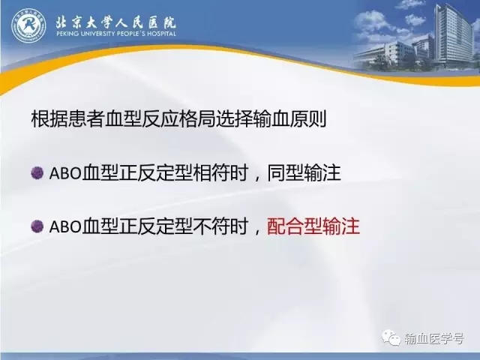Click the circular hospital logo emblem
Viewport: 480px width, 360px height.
[28, 25]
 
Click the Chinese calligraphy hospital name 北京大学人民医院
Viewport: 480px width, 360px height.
[116, 22]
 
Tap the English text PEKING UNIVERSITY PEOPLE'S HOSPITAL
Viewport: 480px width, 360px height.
[116, 33]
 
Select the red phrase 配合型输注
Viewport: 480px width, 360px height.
[313, 226]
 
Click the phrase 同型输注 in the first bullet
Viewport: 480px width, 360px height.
[304, 173]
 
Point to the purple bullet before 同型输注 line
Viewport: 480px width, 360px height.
[37, 172]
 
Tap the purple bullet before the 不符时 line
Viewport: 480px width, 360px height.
[37, 226]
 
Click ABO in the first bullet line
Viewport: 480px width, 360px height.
[65, 173]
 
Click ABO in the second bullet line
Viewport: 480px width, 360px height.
[65, 227]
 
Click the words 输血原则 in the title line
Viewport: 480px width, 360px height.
[289, 118]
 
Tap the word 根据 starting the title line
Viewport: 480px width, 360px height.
[49, 118]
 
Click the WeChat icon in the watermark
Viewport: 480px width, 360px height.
[391, 337]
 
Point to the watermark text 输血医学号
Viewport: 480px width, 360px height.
[433, 338]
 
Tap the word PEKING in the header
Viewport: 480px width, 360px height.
[67, 33]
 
